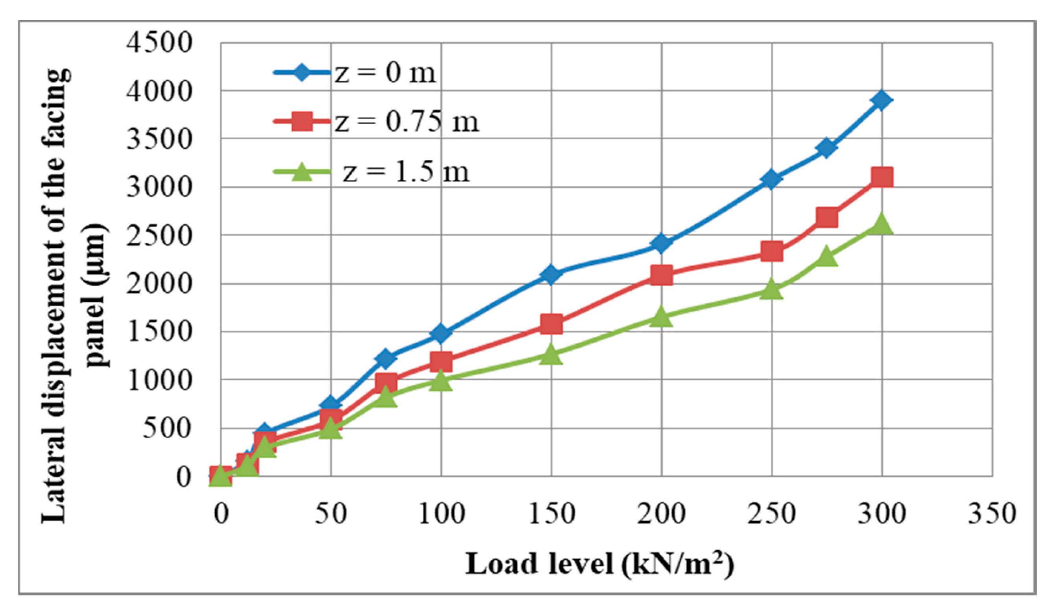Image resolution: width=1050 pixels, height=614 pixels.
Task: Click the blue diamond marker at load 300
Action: click(x=881, y=100)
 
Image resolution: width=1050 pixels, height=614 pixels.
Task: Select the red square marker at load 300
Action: click(x=881, y=177)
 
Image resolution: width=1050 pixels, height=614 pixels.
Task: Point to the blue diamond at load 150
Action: click(x=551, y=274)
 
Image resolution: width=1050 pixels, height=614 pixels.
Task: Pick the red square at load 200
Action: click(x=661, y=275)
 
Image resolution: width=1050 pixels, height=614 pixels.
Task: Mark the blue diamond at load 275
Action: click(x=827, y=148)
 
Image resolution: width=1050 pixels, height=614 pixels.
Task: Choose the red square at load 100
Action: click(x=441, y=361)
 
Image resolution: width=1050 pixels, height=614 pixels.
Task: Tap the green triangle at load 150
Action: click(x=551, y=355)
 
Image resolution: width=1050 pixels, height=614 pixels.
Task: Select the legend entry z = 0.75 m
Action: click(x=406, y=122)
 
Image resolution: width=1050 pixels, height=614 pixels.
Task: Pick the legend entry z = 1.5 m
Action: click(x=406, y=171)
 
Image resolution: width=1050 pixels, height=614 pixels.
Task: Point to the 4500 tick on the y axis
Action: click(x=159, y=42)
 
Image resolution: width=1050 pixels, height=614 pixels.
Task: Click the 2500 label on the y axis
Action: click(x=159, y=236)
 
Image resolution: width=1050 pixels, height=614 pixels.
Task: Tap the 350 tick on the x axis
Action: click(x=992, y=513)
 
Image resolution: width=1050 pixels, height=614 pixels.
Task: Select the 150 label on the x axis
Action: click(x=552, y=513)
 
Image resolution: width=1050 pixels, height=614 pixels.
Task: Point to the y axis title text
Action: click(x=75, y=296)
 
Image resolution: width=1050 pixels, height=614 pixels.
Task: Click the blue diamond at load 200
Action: click(x=661, y=243)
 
